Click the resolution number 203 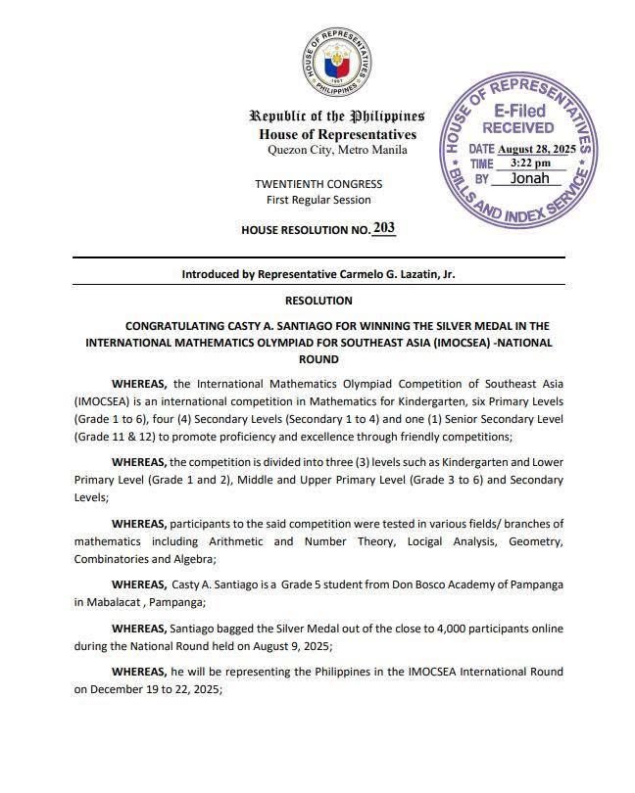[x=384, y=228]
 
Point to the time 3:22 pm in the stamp [x=530, y=163]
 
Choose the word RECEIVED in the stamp [x=518, y=128]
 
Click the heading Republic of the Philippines [x=336, y=117]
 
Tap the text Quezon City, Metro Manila [x=337, y=150]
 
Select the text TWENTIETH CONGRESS [x=318, y=184]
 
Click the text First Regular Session [x=318, y=200]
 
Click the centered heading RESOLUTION [x=318, y=301]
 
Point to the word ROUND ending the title [x=318, y=359]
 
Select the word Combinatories [x=113, y=559]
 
